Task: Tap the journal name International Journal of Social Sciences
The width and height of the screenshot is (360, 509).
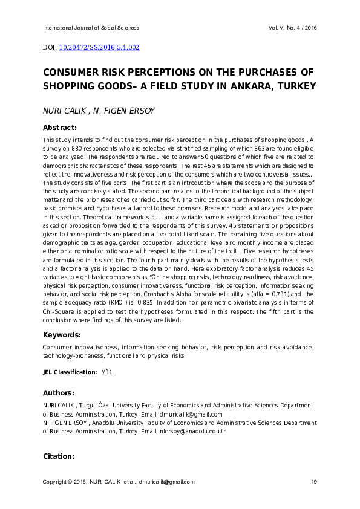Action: click(x=91, y=28)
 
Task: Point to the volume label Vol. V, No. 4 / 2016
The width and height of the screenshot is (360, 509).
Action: click(x=293, y=28)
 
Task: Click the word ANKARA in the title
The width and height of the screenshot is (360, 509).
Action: click(x=248, y=86)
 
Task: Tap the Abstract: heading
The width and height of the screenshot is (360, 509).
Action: click(x=59, y=128)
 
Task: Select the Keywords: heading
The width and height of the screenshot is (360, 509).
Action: click(x=62, y=335)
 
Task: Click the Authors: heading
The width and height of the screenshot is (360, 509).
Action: click(x=59, y=393)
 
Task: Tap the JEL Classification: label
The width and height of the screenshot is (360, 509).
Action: click(x=69, y=372)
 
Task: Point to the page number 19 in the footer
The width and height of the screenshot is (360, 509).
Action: click(x=314, y=482)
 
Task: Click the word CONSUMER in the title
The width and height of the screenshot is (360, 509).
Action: click(x=71, y=72)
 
